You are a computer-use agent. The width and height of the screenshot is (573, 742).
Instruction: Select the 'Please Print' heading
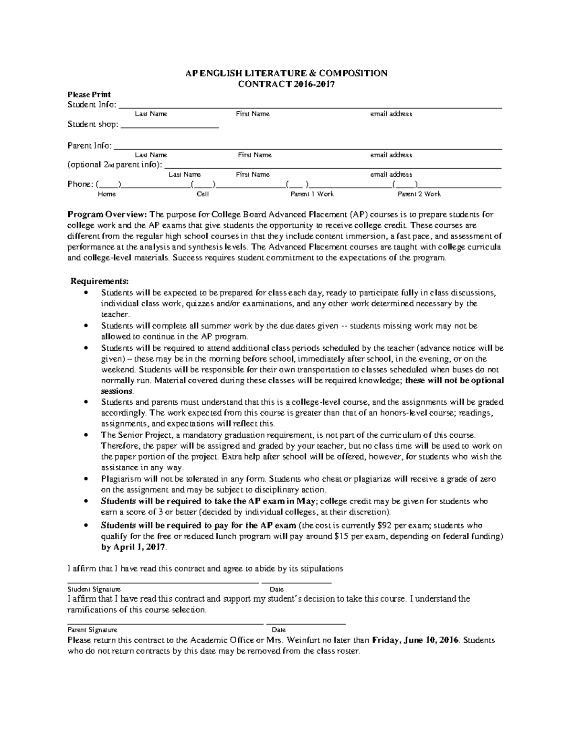[x=89, y=95]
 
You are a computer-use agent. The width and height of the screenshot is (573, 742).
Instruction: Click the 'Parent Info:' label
[x=90, y=146]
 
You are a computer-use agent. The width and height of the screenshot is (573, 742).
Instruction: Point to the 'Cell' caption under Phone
[x=202, y=194]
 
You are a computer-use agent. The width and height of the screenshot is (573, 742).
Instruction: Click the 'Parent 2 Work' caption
[x=419, y=194]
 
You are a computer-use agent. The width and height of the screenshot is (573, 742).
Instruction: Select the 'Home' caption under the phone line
[x=106, y=194]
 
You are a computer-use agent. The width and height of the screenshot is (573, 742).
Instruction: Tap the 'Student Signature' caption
[x=94, y=590]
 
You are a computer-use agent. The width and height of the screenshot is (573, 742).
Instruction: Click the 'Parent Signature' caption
[x=92, y=630]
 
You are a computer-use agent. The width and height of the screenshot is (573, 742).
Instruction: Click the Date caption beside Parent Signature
[x=278, y=630]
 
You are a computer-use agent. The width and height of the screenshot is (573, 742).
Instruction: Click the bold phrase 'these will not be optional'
[x=454, y=381]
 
